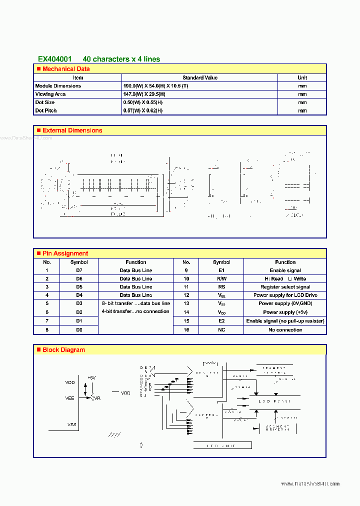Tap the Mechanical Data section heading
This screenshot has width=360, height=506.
pyautogui.click(x=66, y=69)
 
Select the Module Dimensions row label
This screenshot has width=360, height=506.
pyautogui.click(x=58, y=86)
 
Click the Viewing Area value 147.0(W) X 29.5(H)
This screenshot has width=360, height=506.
pyautogui.click(x=142, y=94)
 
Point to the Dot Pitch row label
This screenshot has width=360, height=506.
pyautogui.click(x=46, y=110)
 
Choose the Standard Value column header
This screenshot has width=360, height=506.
pyautogui.click(x=199, y=77)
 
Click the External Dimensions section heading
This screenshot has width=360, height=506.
pyautogui.click(x=72, y=130)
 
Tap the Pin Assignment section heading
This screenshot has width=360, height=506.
pyautogui.click(x=65, y=253)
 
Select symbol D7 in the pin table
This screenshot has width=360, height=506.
pyautogui.click(x=79, y=270)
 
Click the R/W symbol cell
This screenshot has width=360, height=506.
pyautogui.click(x=221, y=278)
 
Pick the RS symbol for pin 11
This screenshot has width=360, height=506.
pyautogui.click(x=221, y=287)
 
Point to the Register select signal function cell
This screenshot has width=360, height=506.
pyautogui.click(x=285, y=287)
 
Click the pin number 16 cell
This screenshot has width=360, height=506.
pyautogui.click(x=186, y=329)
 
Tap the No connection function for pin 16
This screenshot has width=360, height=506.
pyautogui.click(x=285, y=329)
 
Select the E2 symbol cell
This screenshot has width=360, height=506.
pyautogui.click(x=221, y=321)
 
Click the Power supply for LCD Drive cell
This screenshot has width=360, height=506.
pyautogui.click(x=285, y=295)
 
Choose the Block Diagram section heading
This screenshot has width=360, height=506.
pyautogui.click(x=63, y=350)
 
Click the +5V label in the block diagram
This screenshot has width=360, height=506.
pyautogui.click(x=91, y=378)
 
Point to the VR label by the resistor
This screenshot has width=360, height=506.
pyautogui.click(x=97, y=398)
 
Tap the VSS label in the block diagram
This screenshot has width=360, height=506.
pyautogui.click(x=71, y=424)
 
